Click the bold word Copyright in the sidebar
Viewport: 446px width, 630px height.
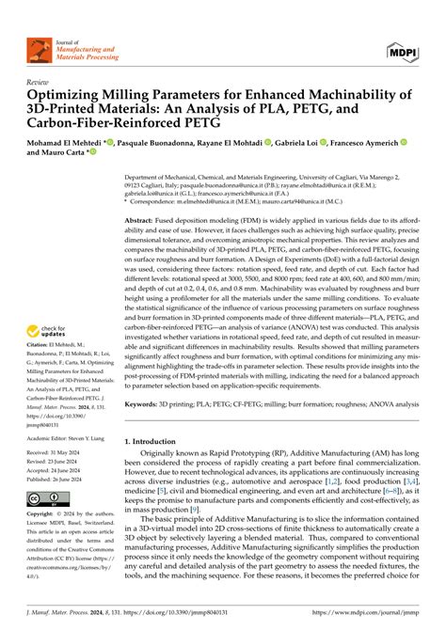coord(46,517)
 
